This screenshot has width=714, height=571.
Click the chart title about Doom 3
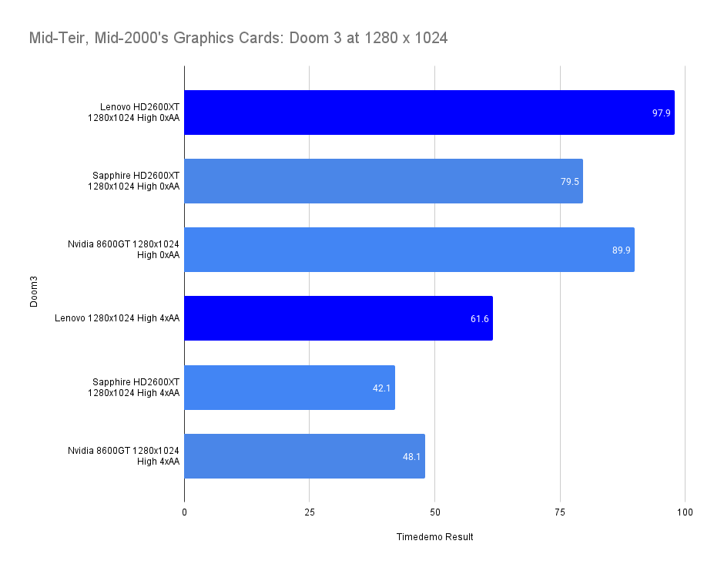(x=238, y=38)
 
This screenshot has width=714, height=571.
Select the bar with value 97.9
(x=429, y=113)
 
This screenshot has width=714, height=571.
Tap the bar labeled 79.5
(x=384, y=181)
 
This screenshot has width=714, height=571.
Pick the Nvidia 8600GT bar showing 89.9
(x=409, y=250)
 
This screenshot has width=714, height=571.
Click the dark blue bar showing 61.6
(x=338, y=318)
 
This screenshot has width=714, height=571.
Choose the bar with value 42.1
(x=290, y=388)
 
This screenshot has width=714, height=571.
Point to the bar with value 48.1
(x=304, y=456)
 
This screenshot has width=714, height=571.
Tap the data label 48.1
(x=412, y=456)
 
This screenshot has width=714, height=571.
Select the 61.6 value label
(x=480, y=318)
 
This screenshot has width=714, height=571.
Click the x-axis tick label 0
(x=184, y=512)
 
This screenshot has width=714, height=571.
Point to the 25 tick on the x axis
(x=310, y=512)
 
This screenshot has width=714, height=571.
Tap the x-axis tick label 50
(x=435, y=512)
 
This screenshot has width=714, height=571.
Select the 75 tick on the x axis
(x=560, y=512)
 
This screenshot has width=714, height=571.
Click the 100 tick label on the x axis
(x=686, y=512)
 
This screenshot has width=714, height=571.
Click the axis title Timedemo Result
(x=434, y=537)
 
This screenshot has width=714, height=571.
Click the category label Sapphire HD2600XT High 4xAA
(x=136, y=388)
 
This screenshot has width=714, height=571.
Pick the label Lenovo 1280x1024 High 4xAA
(x=118, y=318)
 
